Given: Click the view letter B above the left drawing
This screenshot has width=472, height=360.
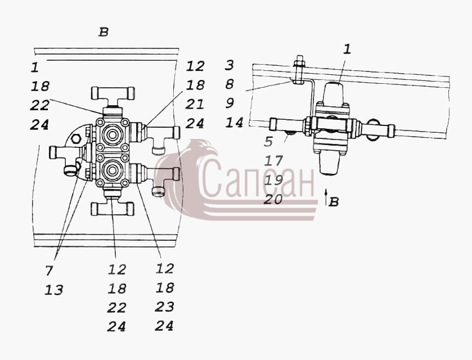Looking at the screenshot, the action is (x=104, y=32).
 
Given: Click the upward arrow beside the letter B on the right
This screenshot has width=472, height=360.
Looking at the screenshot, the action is (x=326, y=197).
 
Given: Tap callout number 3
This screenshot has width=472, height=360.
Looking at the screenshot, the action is (x=229, y=65).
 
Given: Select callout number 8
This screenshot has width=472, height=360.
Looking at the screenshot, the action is (x=229, y=84).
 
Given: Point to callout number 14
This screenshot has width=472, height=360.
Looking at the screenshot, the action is (x=235, y=123).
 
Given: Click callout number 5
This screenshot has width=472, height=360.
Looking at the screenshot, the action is (x=268, y=142).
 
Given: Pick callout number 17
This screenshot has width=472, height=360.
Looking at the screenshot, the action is (x=273, y=161).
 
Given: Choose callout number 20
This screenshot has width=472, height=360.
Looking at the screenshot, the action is (x=273, y=199).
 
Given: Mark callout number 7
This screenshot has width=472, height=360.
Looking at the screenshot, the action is (x=50, y=271).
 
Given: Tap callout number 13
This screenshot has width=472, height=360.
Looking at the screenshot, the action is (x=54, y=290).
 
